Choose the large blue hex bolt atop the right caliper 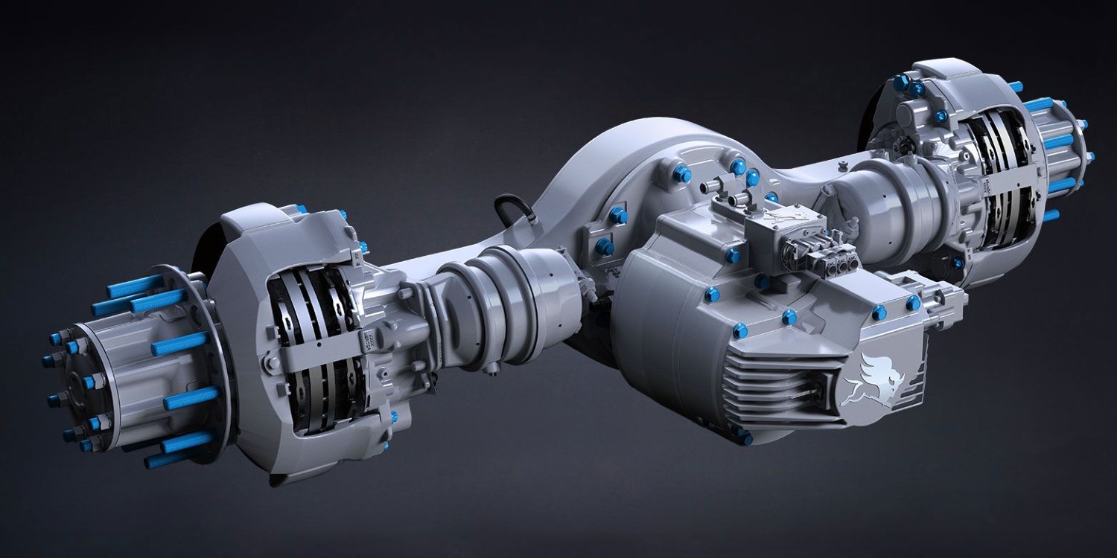click(900, 80)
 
